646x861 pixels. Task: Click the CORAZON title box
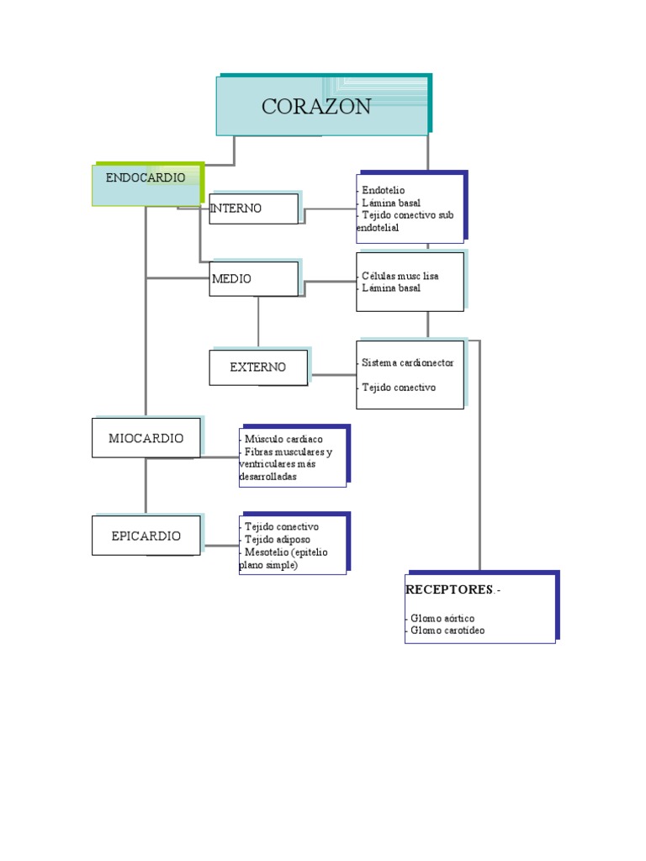pyautogui.click(x=323, y=106)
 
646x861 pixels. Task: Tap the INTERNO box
pyautogui.click(x=253, y=209)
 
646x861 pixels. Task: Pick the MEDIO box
pyautogui.click(x=253, y=278)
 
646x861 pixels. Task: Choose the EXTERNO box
pyautogui.click(x=257, y=367)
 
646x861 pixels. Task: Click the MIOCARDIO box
pyautogui.click(x=146, y=438)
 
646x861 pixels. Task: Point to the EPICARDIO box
pyautogui.click(x=146, y=536)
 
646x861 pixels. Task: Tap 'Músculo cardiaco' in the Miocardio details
pyautogui.click(x=283, y=440)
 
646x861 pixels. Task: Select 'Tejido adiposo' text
pyautogui.click(x=278, y=539)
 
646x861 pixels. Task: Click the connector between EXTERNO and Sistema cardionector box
pyautogui.click(x=332, y=375)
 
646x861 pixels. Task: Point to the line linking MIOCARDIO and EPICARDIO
pyautogui.click(x=146, y=486)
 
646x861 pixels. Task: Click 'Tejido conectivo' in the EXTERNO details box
pyautogui.click(x=399, y=388)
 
